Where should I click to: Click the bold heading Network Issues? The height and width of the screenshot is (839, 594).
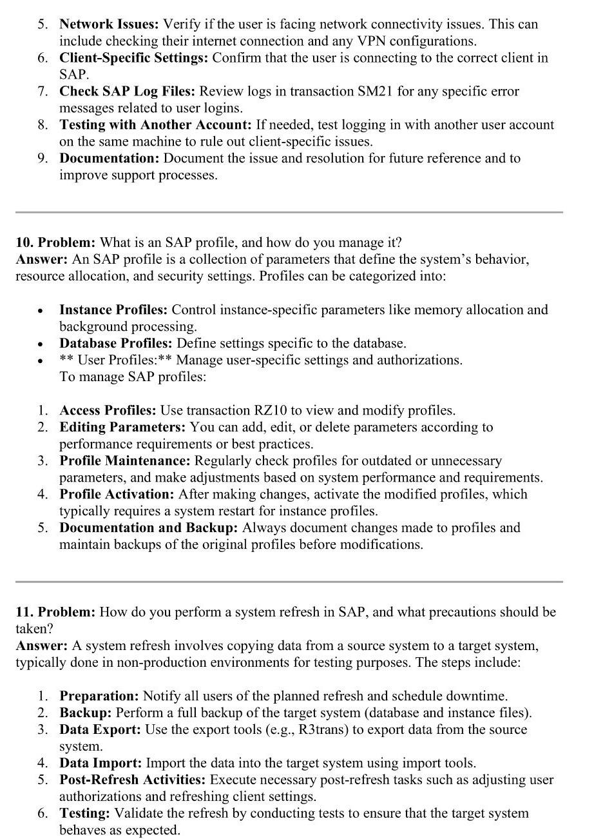point(109,25)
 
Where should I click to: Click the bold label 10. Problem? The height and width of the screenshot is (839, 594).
point(55,243)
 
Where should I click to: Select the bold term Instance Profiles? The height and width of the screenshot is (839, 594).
point(113,310)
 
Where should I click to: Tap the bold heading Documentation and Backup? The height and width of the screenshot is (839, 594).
point(149,528)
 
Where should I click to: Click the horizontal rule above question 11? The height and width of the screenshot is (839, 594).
point(289,582)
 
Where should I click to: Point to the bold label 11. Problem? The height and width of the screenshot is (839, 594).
point(55,612)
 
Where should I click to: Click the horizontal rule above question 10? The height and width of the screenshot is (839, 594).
point(289,212)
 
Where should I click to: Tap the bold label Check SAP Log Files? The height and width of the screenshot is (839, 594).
point(127,92)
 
